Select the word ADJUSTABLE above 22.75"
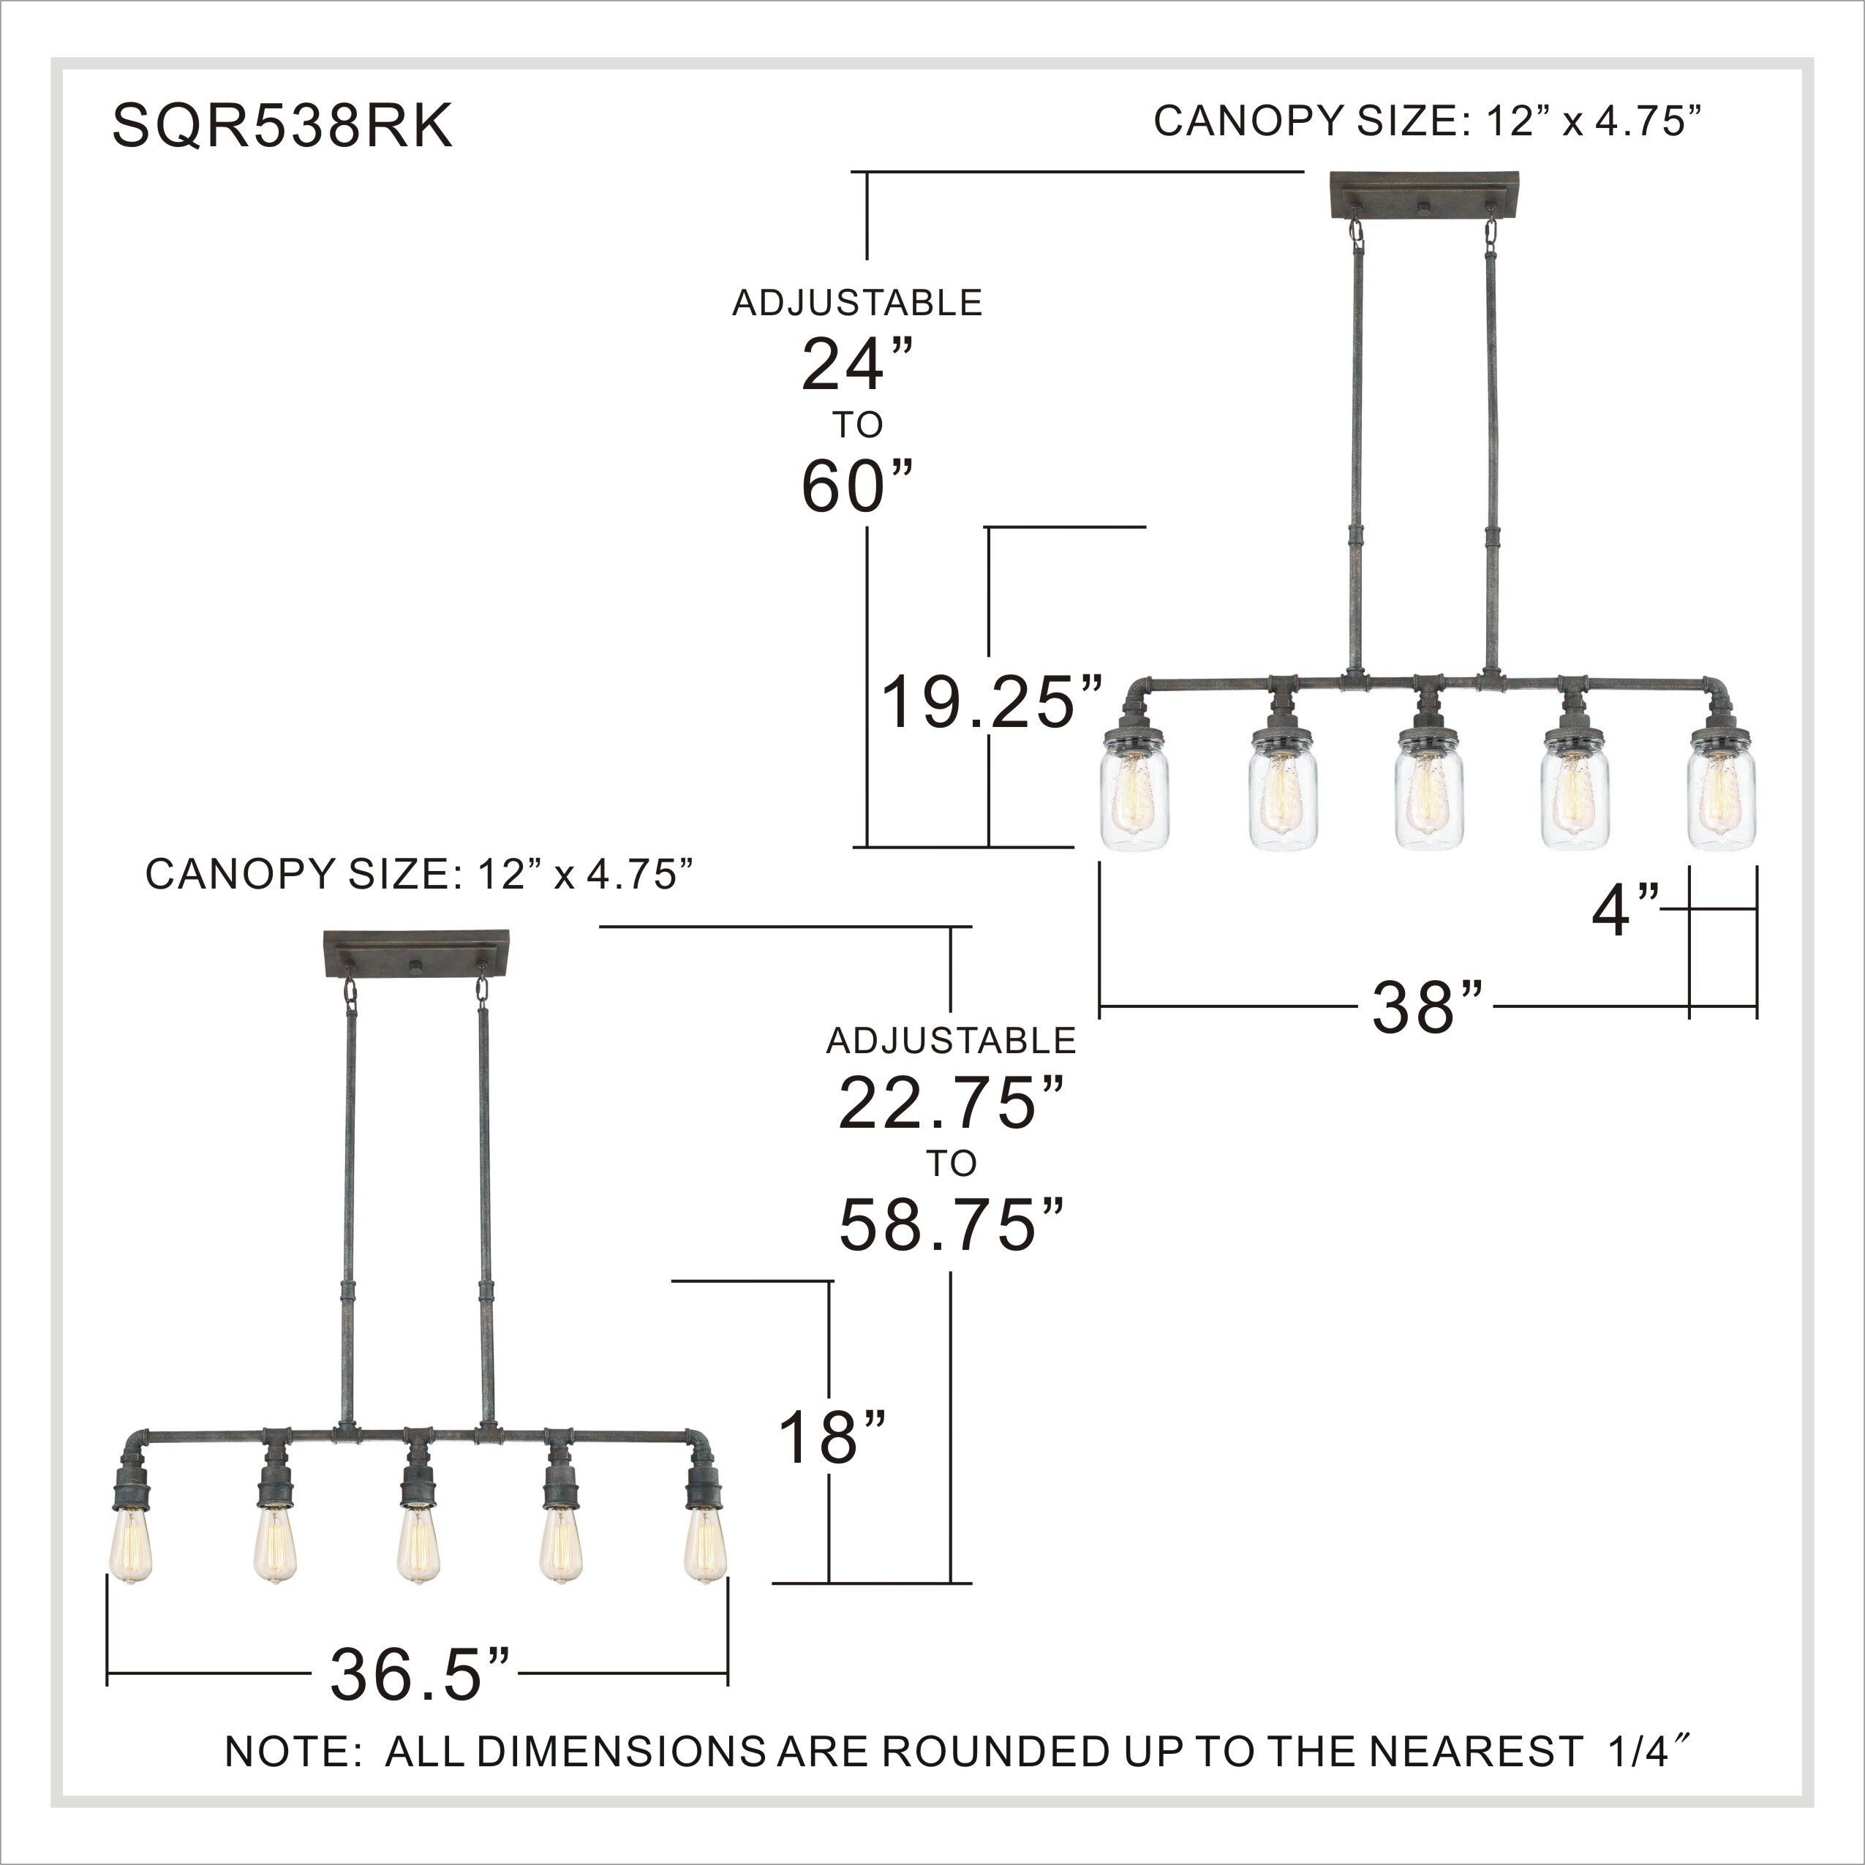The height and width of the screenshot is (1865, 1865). coord(951,1041)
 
